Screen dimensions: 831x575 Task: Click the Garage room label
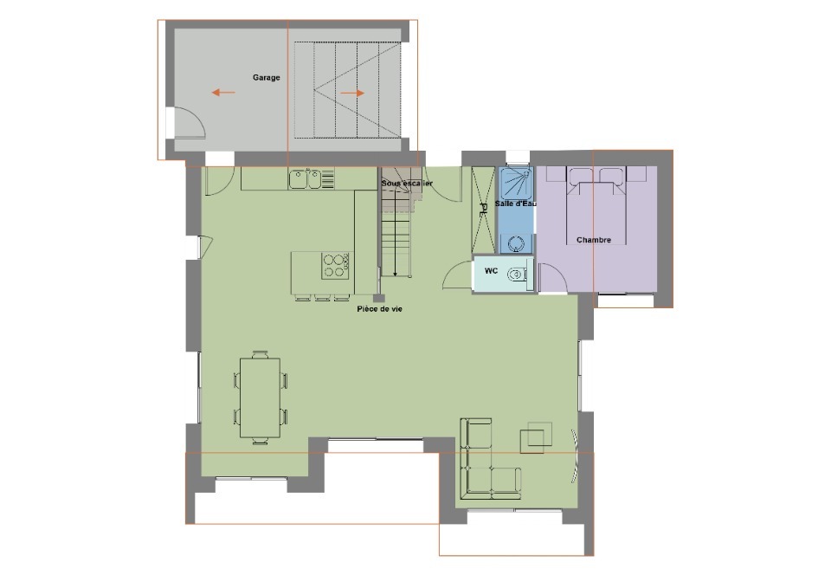(266, 77)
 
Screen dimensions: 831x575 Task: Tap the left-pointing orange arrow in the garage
(223, 93)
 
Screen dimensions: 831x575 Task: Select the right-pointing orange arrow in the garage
(352, 93)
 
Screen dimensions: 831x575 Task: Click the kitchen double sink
(305, 178)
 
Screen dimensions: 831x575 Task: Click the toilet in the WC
(516, 274)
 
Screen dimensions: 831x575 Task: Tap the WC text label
(492, 271)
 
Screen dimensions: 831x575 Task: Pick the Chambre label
(594, 240)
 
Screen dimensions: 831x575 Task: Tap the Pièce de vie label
(379, 309)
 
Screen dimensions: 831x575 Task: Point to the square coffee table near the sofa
(536, 437)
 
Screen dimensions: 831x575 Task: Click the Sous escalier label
(407, 184)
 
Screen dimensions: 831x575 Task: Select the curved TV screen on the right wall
(575, 455)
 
